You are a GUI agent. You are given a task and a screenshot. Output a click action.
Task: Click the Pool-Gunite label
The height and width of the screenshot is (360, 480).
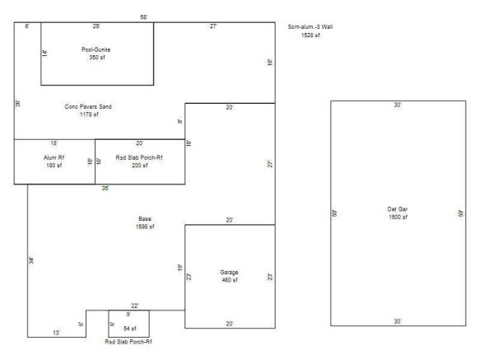96,49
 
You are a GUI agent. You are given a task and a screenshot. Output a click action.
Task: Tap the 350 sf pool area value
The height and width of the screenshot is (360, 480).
96,58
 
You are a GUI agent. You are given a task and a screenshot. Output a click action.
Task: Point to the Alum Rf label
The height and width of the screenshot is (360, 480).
54,157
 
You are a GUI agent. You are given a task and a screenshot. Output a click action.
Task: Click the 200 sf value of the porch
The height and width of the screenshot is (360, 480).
139,166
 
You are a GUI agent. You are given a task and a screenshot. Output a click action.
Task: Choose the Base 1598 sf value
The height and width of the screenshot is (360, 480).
145,226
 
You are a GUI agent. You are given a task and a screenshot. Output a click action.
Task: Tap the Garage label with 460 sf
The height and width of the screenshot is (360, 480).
229,271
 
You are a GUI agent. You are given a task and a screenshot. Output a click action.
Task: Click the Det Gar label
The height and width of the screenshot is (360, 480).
398,208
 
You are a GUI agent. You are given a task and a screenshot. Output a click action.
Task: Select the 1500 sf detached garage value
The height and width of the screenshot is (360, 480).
398,217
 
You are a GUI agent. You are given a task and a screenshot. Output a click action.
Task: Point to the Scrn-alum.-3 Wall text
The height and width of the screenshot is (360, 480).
310,27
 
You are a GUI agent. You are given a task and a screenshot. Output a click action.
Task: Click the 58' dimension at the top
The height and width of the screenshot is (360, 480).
144,17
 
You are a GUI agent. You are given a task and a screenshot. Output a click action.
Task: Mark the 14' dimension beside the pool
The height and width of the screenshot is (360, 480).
45,54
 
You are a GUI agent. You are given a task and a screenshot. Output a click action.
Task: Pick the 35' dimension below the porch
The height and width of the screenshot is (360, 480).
105,189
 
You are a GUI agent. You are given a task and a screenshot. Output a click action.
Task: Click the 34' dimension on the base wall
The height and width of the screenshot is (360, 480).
31,260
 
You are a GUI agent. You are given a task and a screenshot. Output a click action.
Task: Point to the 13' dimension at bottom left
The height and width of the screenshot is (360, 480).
56,332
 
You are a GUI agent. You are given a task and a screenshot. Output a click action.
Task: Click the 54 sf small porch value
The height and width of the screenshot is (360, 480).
128,328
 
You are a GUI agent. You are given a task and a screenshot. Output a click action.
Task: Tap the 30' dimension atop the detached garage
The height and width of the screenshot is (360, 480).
398,105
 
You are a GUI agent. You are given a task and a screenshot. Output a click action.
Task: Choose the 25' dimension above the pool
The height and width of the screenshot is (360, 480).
96,27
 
